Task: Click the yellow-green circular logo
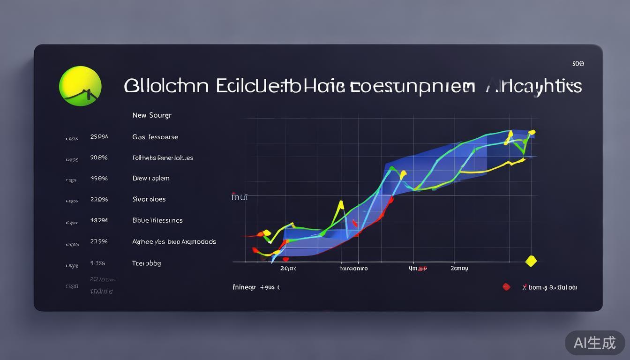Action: point(80,86)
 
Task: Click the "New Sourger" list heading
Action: point(152,115)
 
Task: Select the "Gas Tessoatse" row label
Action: point(155,137)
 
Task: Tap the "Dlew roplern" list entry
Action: point(151,179)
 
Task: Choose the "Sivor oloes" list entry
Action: point(149,199)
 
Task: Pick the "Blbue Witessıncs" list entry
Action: point(157,220)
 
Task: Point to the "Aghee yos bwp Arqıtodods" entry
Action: point(174,242)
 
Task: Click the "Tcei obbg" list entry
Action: point(147,263)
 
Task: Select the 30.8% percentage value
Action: point(99,158)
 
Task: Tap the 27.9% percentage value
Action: point(99,242)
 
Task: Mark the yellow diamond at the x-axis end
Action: point(531,261)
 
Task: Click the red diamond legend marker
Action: point(506,287)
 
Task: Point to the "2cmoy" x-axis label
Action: point(459,269)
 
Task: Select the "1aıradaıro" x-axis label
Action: point(353,269)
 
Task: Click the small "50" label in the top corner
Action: point(578,64)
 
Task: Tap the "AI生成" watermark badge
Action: point(594,343)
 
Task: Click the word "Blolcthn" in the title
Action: point(166,86)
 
